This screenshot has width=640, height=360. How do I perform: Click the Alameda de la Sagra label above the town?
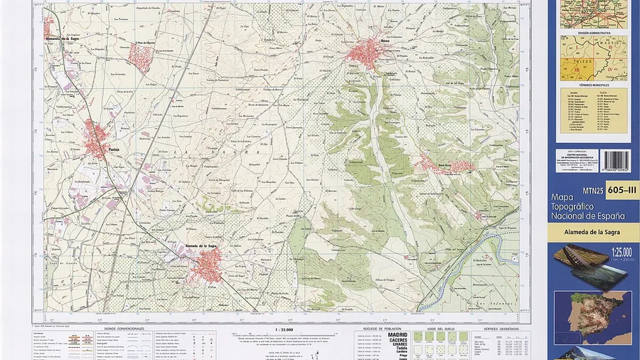click(x=201, y=246)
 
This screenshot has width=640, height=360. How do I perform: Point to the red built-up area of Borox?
click(x=368, y=51)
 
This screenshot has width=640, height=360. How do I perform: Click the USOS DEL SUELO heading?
click(x=430, y=329)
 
